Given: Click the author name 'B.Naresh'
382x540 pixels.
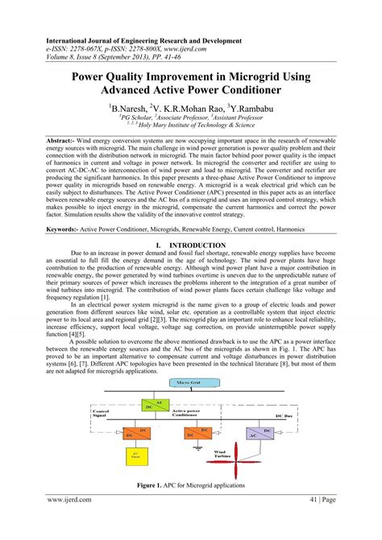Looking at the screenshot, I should tap(132, 105).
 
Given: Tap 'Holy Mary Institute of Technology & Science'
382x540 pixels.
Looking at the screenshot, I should tap(195, 125).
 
